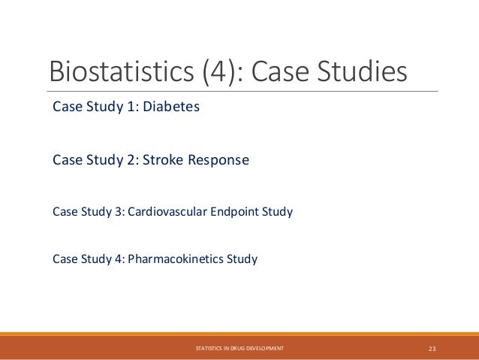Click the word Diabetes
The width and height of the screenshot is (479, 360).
174,107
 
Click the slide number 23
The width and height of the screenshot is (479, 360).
432,348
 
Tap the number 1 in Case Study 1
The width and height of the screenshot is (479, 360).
128,107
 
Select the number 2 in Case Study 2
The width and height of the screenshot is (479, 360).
128,161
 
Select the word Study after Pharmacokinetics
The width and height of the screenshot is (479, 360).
243,260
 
